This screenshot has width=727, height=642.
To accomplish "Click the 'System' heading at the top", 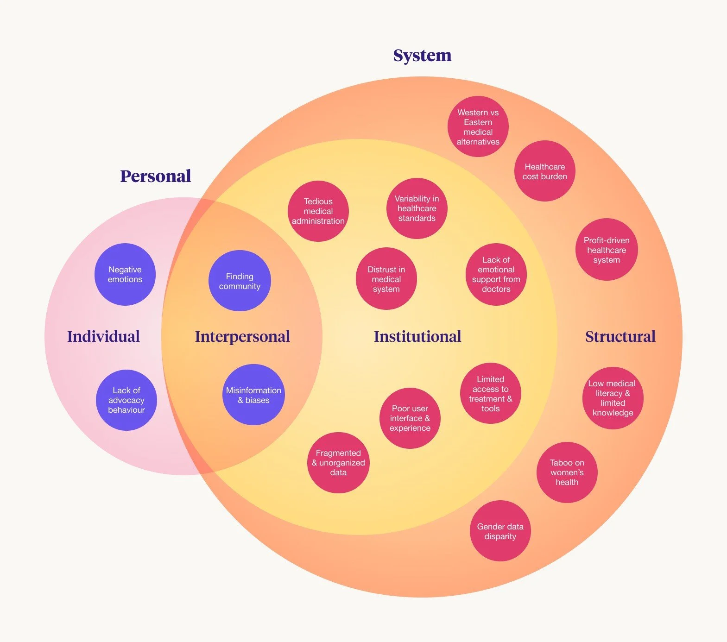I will (422, 56).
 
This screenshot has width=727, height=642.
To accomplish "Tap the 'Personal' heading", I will (155, 176).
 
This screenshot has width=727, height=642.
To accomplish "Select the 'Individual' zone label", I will (103, 337).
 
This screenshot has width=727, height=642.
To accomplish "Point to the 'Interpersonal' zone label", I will (242, 337).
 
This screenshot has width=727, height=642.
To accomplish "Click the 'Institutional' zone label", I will (417, 337).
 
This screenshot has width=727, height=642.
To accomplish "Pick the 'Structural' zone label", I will (620, 337).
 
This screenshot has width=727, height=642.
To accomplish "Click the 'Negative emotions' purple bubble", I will (125, 274).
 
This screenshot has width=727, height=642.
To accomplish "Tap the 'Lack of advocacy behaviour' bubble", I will (126, 400).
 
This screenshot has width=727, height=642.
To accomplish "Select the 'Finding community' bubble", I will (240, 281).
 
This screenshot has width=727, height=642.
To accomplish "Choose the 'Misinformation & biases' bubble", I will (253, 395).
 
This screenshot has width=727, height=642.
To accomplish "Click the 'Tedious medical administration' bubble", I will (318, 211).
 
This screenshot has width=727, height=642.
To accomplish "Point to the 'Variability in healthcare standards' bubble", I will (417, 208).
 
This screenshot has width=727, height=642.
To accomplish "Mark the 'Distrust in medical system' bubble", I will (386, 279).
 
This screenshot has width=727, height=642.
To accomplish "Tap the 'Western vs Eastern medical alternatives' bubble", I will (478, 127).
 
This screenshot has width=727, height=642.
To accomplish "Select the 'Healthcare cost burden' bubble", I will (544, 171).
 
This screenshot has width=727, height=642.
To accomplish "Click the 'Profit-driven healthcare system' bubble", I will (607, 250).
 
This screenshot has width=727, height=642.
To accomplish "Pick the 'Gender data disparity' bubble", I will (500, 531).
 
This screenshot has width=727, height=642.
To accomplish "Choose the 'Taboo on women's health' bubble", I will (567, 472).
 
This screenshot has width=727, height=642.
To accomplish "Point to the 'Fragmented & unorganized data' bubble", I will (338, 463).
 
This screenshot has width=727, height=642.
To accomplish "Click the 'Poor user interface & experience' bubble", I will (410, 418).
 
